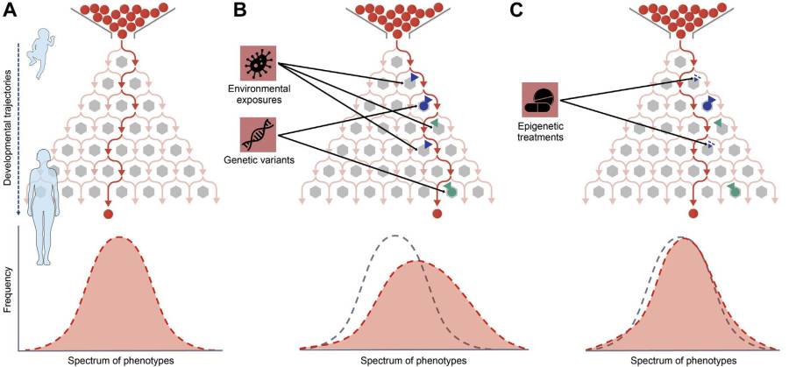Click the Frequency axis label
tap(9, 293)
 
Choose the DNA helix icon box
tap(258, 135)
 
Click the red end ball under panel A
tap(109, 214)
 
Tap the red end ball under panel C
tap(693, 214)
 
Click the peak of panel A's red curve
tap(119, 238)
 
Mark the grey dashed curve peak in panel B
tap(396, 236)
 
